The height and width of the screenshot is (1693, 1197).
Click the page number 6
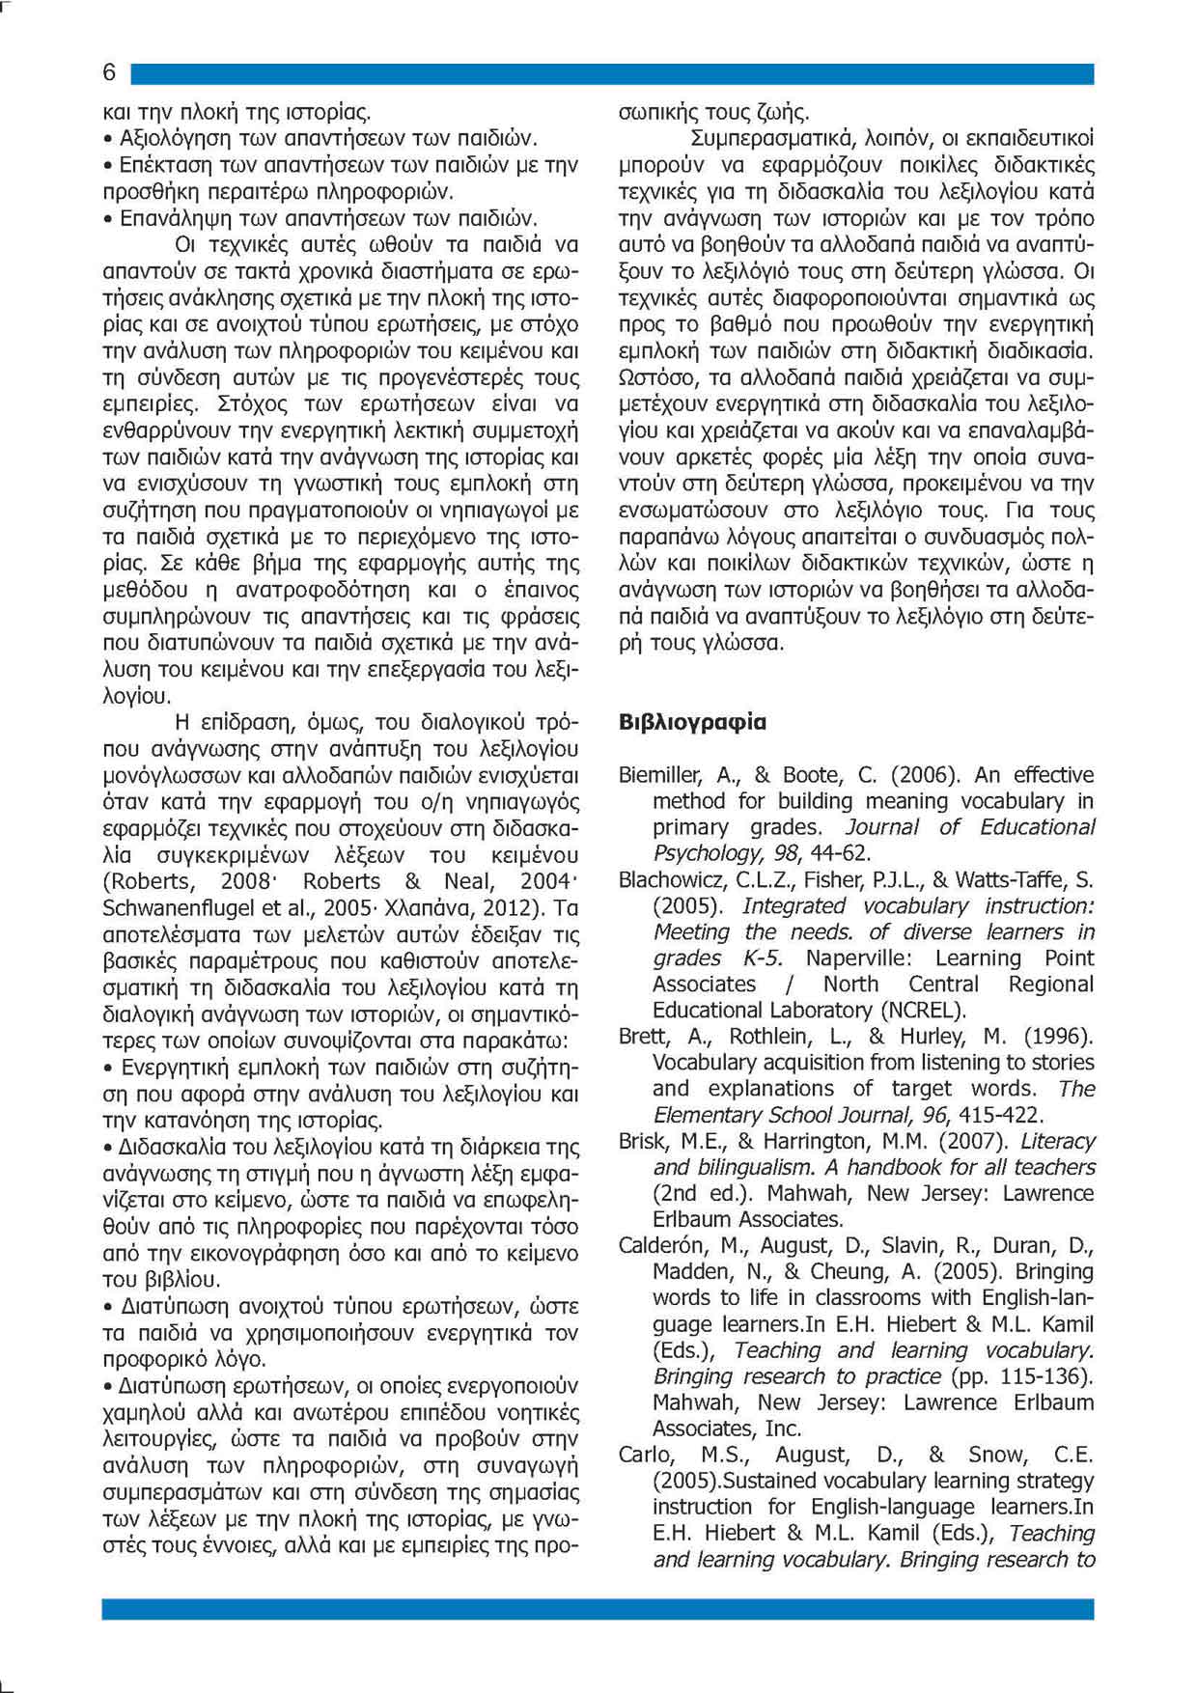(109, 72)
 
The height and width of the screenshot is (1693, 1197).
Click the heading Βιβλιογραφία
(692, 722)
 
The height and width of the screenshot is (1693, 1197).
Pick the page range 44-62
(839, 853)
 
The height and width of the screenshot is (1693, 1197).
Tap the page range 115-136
(1041, 1376)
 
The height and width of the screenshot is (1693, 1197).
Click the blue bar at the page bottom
(598, 1609)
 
